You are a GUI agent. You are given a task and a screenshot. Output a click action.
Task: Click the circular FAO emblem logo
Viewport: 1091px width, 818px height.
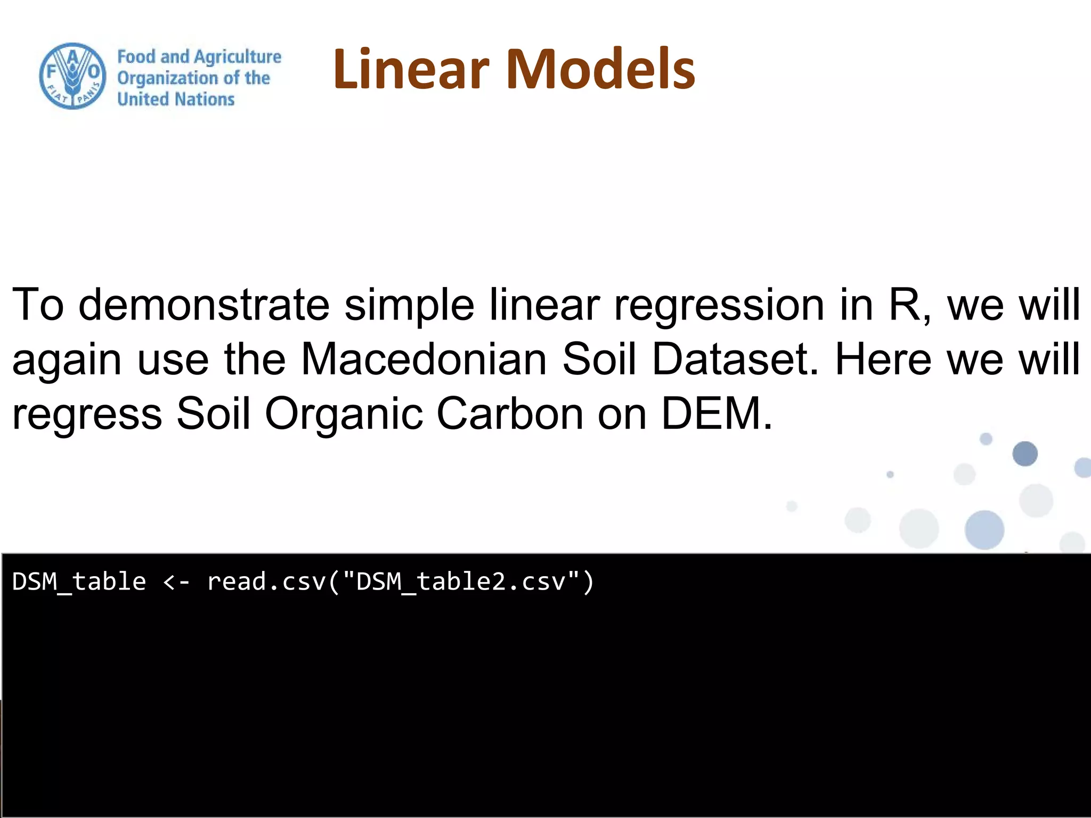tap(72, 76)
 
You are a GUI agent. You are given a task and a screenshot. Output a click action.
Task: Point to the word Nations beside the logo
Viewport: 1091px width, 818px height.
tap(205, 99)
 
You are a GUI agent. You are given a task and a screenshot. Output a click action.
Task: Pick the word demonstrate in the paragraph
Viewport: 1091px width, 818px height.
tap(204, 305)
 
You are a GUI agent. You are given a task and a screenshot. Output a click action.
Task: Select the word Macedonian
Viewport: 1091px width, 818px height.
tap(424, 359)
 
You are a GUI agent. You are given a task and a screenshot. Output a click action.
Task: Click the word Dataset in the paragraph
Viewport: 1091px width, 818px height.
tap(735, 359)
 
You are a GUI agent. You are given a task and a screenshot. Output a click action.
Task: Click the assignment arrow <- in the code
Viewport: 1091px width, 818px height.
tap(176, 582)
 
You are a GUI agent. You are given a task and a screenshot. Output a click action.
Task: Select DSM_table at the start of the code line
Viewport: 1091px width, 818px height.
tap(79, 582)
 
